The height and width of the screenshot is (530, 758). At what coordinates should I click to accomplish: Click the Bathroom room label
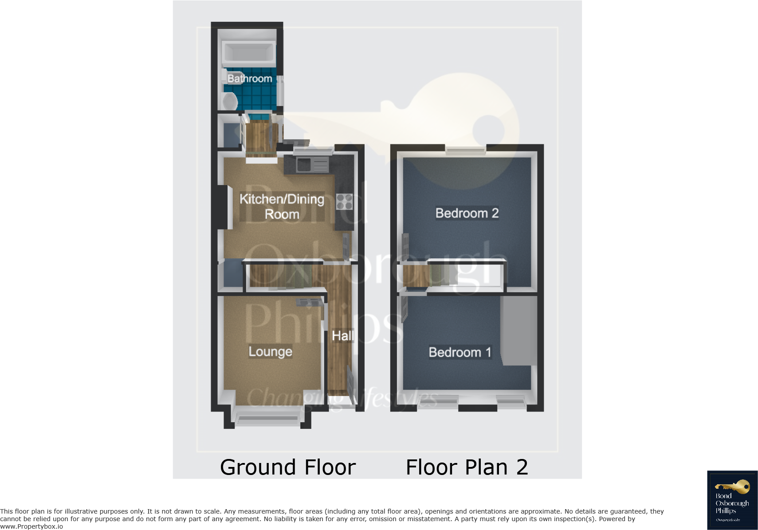point(250,79)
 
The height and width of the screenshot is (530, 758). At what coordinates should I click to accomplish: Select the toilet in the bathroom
point(229,101)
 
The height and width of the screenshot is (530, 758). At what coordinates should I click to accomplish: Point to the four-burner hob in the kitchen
point(344,202)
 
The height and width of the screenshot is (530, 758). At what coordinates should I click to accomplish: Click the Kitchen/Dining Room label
point(282,206)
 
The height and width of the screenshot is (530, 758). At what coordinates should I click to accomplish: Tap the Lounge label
point(270,352)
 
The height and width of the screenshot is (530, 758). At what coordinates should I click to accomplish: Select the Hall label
point(342,336)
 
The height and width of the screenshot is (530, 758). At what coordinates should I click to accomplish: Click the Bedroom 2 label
point(467,213)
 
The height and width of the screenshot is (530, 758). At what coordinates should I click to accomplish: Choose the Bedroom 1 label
point(460,352)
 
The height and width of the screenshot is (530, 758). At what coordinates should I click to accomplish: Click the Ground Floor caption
point(288,467)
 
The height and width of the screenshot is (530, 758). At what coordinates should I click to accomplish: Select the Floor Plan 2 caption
point(467,467)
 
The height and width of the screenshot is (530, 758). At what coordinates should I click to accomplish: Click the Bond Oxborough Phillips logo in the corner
point(732,500)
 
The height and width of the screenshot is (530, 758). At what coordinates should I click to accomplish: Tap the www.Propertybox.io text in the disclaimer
point(31,526)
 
